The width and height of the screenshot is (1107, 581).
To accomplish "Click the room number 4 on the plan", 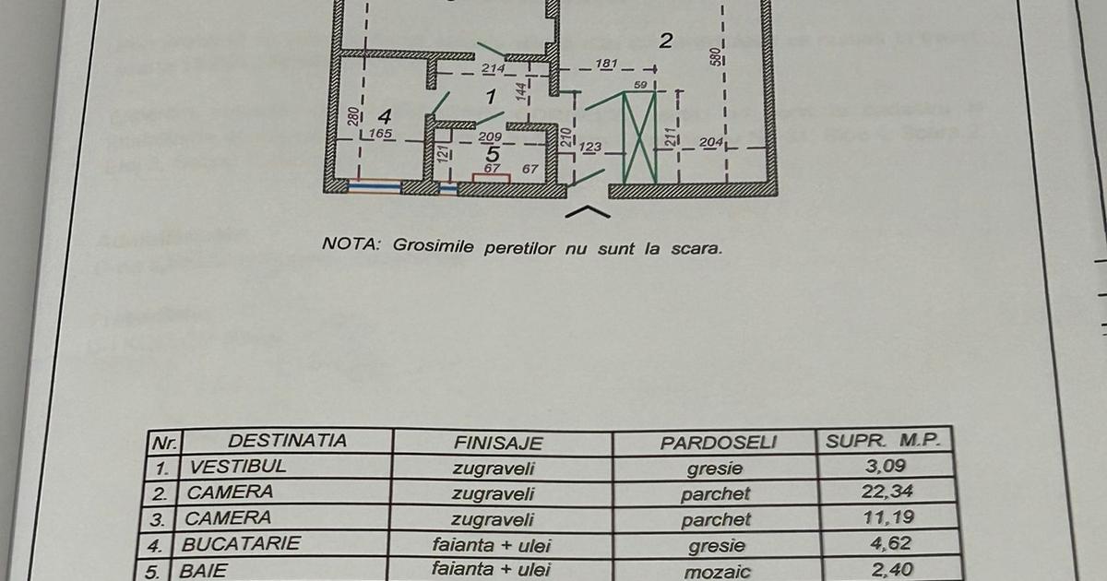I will [x=385, y=117].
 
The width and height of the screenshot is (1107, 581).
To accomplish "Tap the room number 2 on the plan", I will [x=666, y=40].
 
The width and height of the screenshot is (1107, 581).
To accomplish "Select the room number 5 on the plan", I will [x=493, y=154].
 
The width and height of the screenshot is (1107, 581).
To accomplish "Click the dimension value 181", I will [x=607, y=64].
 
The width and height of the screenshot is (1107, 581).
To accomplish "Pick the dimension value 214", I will [x=493, y=69].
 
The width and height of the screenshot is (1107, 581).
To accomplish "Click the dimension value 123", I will [x=590, y=147].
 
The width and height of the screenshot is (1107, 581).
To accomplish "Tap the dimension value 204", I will [x=710, y=142].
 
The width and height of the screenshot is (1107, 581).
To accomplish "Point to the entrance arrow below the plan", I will [x=587, y=213].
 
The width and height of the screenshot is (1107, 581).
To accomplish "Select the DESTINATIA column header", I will [x=287, y=441].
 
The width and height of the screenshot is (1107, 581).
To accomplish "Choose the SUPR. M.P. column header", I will [x=882, y=441].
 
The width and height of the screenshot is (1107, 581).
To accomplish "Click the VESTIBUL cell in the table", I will [x=237, y=467].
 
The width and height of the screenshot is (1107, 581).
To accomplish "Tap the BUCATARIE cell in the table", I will [x=241, y=544].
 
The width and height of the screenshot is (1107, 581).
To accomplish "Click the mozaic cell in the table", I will [x=716, y=571].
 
